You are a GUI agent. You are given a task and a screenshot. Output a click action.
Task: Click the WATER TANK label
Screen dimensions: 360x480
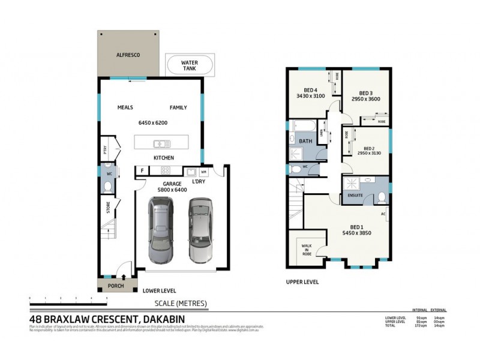189,65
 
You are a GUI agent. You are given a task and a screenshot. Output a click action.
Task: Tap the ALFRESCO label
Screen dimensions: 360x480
128,55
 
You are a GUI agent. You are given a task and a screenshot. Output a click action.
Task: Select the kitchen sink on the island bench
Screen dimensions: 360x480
161,143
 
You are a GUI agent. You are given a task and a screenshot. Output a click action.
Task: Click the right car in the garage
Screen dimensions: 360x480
201,230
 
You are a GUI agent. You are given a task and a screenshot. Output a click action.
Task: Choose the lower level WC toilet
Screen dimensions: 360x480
107,187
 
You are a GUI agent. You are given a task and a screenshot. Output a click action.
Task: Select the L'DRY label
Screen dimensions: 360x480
199,181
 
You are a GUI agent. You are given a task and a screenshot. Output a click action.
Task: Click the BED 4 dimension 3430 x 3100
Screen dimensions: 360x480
310,95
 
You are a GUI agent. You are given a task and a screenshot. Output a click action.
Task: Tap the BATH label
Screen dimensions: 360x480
305,142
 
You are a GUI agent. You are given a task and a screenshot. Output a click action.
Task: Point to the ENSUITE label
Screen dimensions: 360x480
355,195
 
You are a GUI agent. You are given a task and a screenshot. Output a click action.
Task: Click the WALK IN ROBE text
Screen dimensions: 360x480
306,249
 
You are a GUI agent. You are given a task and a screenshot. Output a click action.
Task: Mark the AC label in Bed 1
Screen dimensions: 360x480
383,214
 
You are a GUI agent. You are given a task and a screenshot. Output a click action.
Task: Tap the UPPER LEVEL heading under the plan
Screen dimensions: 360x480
302,281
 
